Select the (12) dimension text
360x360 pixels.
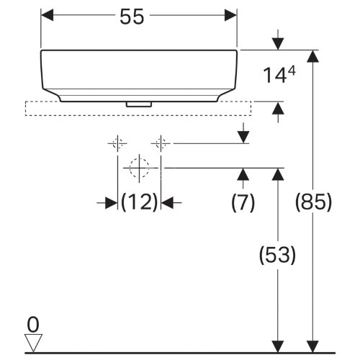point(138,204)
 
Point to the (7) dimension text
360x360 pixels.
point(243,204)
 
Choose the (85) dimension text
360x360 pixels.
point(313,204)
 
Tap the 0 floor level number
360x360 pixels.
point(32,323)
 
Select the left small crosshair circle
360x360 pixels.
point(117,143)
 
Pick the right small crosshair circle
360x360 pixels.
point(161,143)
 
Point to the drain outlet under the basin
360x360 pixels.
point(138,104)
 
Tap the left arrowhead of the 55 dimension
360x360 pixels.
point(47,14)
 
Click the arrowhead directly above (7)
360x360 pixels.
point(243,174)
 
